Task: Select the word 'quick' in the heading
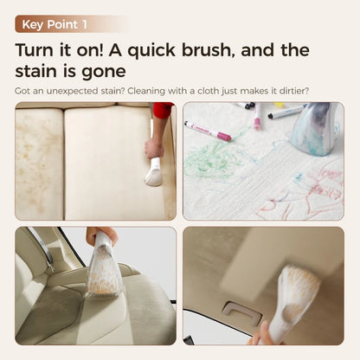click(151, 51)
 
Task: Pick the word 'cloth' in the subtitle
click(209, 91)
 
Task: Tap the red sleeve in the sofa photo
click(163, 110)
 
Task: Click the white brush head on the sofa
click(153, 176)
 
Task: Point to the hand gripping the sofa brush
click(154, 148)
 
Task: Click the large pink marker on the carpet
click(208, 131)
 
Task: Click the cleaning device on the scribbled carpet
click(315, 128)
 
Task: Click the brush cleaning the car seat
click(105, 265)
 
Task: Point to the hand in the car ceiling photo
click(262, 335)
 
